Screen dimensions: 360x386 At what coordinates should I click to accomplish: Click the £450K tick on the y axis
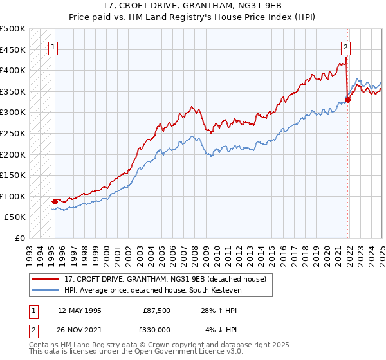14,50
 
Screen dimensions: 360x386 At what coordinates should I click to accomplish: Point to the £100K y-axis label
14,196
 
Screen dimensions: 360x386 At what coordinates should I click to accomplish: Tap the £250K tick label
14,133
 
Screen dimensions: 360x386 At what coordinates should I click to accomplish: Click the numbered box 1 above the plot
52,46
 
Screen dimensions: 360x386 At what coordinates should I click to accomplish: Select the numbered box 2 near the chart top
345,46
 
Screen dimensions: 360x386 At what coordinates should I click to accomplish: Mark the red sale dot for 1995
55,201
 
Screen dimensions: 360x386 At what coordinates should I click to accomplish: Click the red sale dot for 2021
347,100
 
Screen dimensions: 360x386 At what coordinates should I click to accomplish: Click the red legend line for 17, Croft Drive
46,278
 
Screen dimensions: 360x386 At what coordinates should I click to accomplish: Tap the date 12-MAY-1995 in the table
79,310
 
